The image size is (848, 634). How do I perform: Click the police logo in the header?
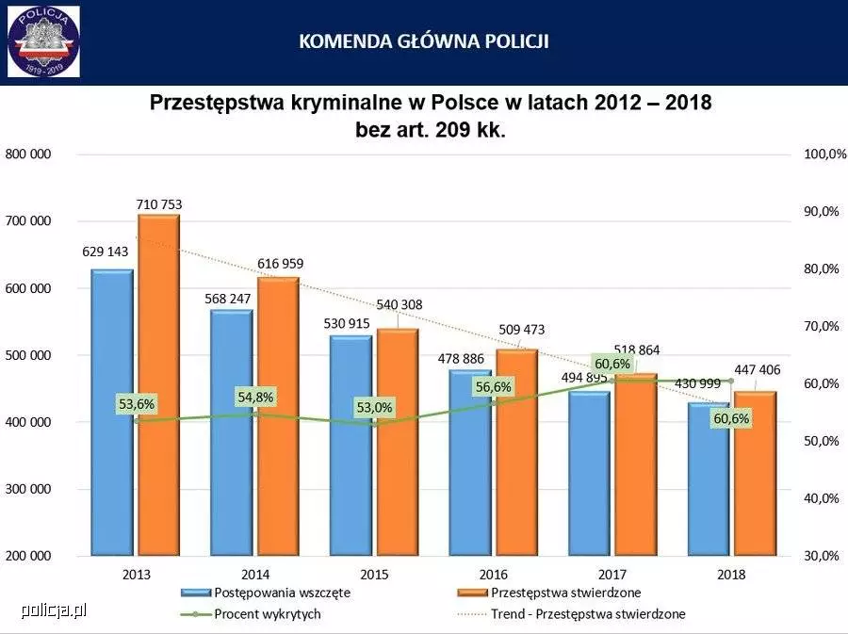tap(43, 41)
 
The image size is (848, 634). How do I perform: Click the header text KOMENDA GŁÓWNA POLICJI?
tap(424, 41)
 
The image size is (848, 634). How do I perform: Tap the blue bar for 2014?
tap(231, 433)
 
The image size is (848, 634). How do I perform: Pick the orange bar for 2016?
tap(516, 452)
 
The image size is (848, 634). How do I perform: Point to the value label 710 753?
tap(158, 203)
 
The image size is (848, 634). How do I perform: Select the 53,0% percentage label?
tap(374, 408)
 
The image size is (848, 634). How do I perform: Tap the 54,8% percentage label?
tap(255, 398)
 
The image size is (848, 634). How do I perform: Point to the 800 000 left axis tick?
tap(28, 154)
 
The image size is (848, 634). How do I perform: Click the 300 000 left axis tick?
tap(28, 489)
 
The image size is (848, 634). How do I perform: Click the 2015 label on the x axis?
tap(374, 574)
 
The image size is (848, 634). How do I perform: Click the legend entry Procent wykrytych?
tap(267, 614)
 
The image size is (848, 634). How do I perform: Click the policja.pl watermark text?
tap(54, 610)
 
